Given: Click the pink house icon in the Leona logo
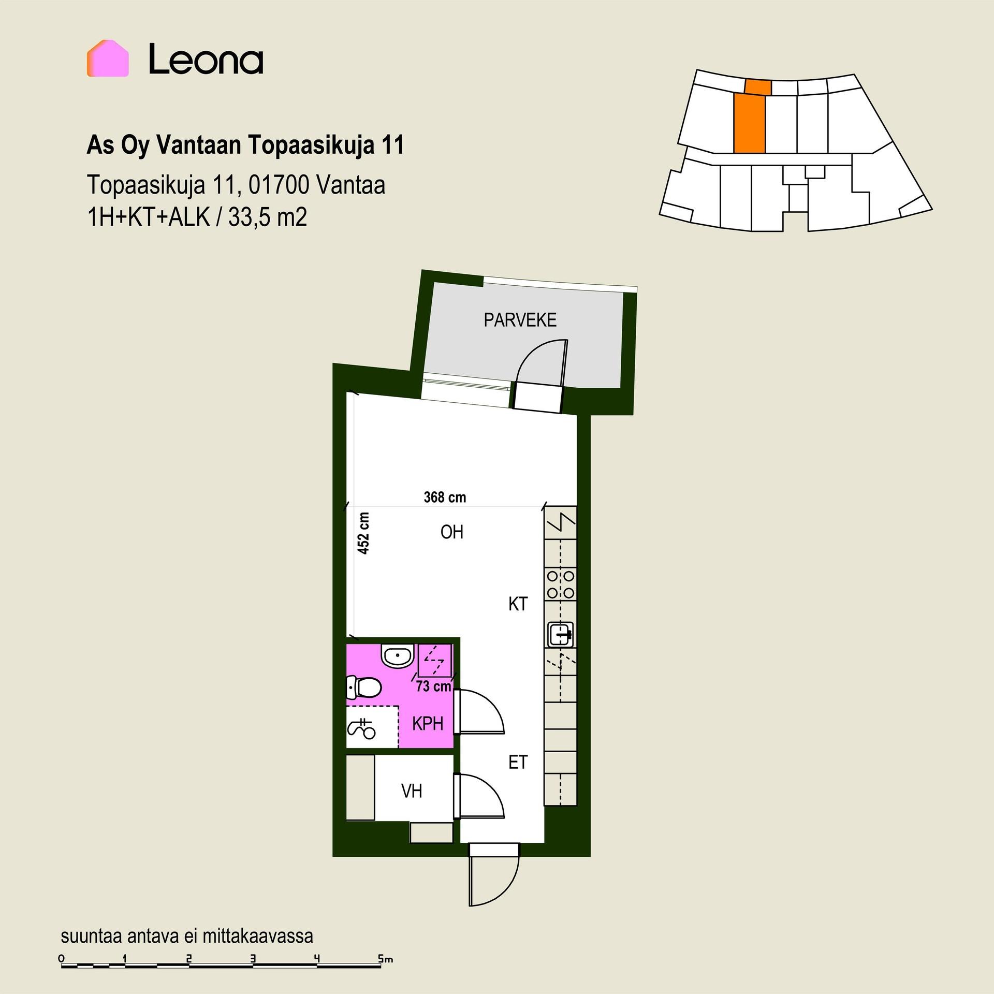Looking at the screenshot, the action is click(x=108, y=59).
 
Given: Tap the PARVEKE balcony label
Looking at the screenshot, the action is click(x=520, y=320).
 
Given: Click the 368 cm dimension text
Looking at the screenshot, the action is click(x=445, y=498).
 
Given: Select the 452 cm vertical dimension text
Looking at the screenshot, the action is click(x=364, y=533).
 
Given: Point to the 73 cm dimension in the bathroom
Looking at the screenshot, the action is click(x=434, y=686).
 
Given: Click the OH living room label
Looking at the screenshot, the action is click(x=452, y=532).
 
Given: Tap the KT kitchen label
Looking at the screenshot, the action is click(x=518, y=604).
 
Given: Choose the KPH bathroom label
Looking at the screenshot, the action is click(x=428, y=723).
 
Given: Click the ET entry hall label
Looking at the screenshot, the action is click(x=518, y=762).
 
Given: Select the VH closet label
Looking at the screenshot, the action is click(x=412, y=791).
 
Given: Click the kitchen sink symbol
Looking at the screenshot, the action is click(x=561, y=634).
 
